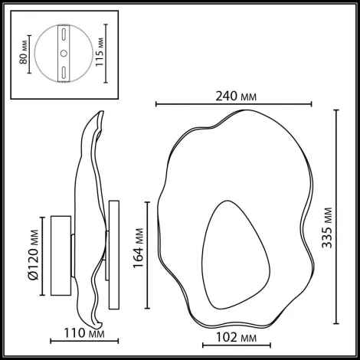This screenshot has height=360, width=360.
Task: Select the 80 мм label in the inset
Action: point(24,51)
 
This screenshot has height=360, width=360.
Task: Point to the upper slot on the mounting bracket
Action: point(64,34)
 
